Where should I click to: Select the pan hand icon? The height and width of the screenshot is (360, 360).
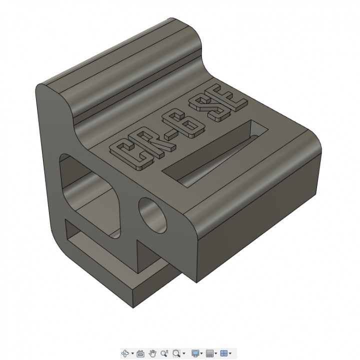point(153,353)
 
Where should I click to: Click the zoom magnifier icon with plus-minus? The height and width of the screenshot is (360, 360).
point(164,353)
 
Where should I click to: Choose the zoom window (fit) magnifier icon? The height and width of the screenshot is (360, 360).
point(176,353)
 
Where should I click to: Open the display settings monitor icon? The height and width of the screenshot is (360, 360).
point(195,353)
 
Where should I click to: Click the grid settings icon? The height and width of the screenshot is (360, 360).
point(210,353)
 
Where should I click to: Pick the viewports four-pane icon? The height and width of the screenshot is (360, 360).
point(224,353)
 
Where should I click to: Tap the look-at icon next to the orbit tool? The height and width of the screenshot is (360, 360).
point(140,353)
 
